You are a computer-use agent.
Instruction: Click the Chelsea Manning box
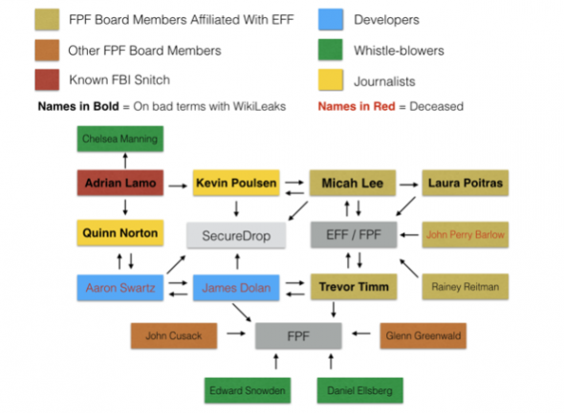click(120, 139)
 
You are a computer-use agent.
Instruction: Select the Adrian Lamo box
click(120, 183)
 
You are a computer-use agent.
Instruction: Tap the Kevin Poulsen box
click(236, 183)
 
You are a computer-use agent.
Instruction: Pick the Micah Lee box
click(353, 183)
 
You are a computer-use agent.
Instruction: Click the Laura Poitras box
click(466, 183)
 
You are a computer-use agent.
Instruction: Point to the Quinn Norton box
click(120, 232)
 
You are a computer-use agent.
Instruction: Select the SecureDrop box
click(236, 235)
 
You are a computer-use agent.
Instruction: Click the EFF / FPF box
click(354, 234)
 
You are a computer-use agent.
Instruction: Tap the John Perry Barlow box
click(466, 234)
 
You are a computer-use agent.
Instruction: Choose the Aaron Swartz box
click(120, 288)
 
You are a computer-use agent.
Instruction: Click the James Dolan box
click(236, 288)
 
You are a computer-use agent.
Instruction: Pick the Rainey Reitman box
click(466, 287)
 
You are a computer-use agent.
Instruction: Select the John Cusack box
click(174, 336)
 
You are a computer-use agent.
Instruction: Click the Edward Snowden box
click(248, 390)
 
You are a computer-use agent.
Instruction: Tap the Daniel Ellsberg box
click(360, 390)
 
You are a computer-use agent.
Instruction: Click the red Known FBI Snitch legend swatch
click(47, 79)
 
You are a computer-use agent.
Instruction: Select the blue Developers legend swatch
click(331, 19)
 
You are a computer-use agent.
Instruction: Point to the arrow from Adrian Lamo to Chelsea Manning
click(125, 161)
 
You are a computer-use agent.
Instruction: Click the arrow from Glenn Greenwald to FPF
click(360, 334)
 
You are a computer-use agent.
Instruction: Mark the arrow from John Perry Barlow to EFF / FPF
click(409, 235)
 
